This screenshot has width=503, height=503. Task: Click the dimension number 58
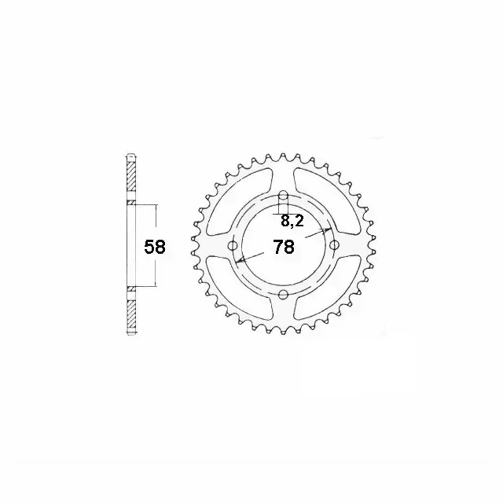point(155,247)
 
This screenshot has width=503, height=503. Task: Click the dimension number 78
point(284,247)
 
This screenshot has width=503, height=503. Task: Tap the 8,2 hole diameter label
point(292,221)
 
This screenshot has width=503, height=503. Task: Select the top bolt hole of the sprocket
point(283,195)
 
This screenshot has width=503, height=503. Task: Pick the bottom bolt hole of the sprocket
point(283,294)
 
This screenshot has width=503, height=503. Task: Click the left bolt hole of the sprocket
point(233,246)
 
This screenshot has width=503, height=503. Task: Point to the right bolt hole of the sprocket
point(334,246)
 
